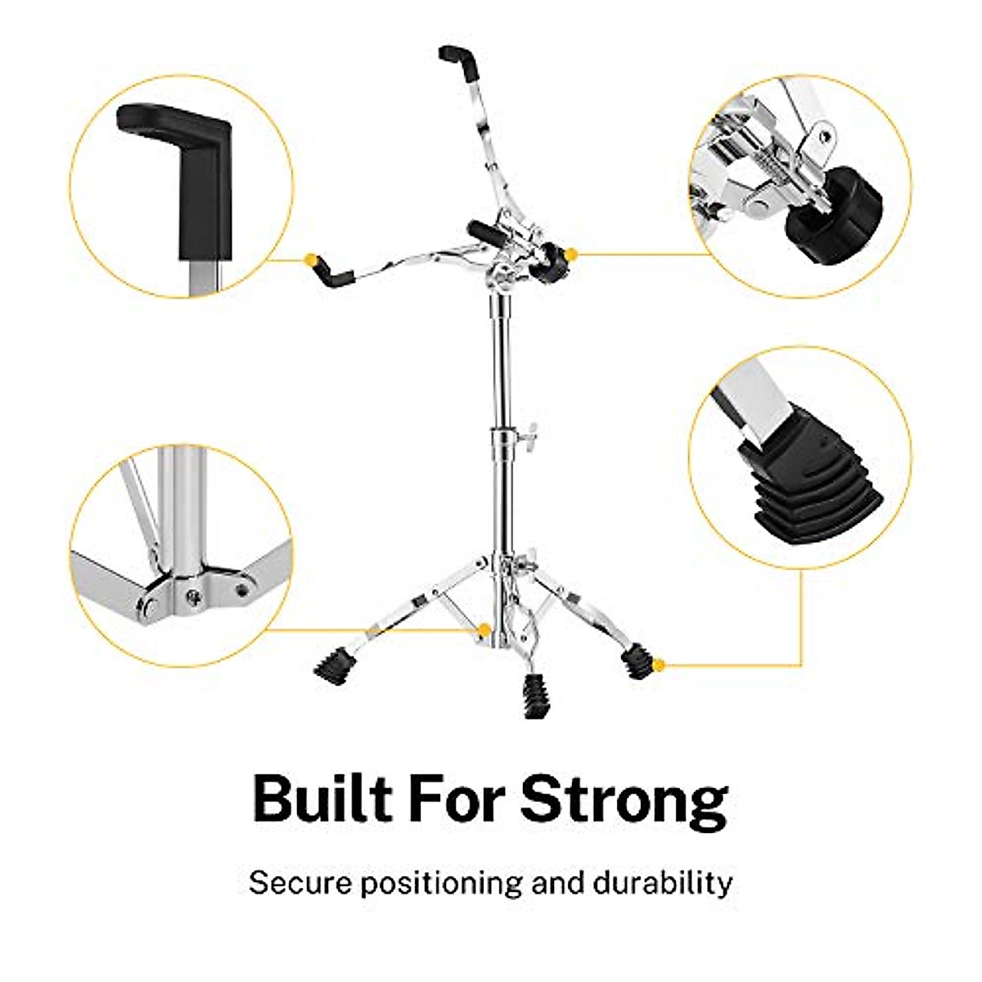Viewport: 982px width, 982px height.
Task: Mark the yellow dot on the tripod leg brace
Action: click(x=484, y=630)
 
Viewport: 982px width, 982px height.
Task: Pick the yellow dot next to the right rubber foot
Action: click(x=660, y=664)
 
